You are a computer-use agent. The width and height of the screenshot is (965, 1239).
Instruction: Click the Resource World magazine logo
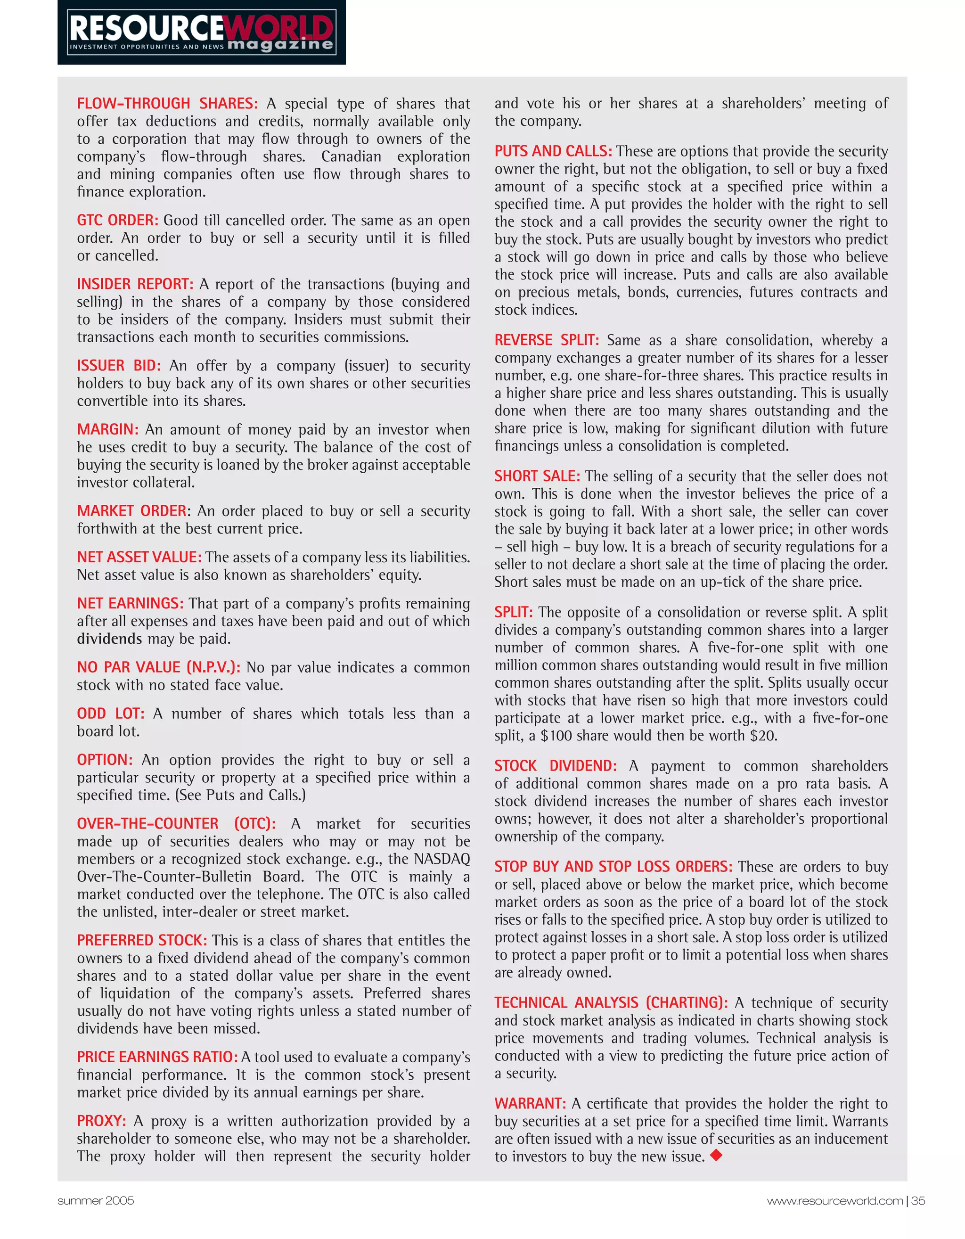point(201,33)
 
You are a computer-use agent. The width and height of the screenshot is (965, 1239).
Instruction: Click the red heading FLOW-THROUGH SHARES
point(167,104)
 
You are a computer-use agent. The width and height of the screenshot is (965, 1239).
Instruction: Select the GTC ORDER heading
point(117,220)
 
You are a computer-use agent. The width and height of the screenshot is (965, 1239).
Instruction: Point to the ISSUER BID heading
point(119,365)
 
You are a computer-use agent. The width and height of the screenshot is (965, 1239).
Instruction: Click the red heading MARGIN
point(108,429)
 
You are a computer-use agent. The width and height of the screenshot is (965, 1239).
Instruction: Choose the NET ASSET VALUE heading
point(139,557)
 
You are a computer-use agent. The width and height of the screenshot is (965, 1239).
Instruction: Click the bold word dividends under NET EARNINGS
point(109,639)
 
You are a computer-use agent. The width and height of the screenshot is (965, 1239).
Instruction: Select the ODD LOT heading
point(111,714)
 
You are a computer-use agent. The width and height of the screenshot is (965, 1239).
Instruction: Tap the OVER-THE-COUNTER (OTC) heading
point(176,824)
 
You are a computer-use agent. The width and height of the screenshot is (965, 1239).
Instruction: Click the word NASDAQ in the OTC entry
point(442,859)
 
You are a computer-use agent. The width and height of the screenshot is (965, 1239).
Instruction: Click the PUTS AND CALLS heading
point(553,151)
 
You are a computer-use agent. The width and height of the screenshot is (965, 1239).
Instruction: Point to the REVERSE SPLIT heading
point(546,340)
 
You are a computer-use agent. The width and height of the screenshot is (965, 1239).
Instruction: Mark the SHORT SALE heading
point(537,476)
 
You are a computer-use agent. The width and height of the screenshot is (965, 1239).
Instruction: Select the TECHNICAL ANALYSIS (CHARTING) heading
point(611,1002)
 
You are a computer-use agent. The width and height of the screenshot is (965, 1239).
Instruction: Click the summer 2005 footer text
point(95,1200)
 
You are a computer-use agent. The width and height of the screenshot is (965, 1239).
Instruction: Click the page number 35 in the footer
point(918,1200)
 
